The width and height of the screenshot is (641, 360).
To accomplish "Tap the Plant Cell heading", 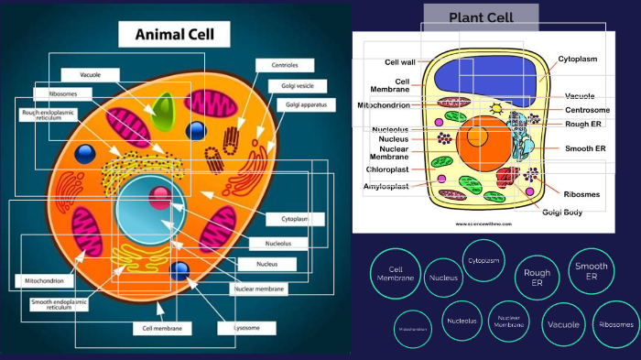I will [x=481, y=17].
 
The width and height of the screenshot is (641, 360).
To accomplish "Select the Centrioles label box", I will [x=284, y=65].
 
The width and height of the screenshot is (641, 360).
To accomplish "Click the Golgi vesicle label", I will [x=292, y=85].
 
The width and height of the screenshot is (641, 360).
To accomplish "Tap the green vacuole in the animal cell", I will [x=164, y=113].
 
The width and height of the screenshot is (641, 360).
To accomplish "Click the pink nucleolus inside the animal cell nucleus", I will [x=161, y=195].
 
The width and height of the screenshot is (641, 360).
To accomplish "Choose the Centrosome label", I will [x=587, y=110].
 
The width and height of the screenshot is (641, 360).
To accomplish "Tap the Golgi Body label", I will [x=563, y=213].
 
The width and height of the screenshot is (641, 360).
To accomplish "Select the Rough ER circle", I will [x=537, y=278].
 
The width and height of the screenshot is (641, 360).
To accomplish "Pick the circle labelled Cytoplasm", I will [x=484, y=260].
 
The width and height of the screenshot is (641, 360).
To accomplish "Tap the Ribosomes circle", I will [x=616, y=324].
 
